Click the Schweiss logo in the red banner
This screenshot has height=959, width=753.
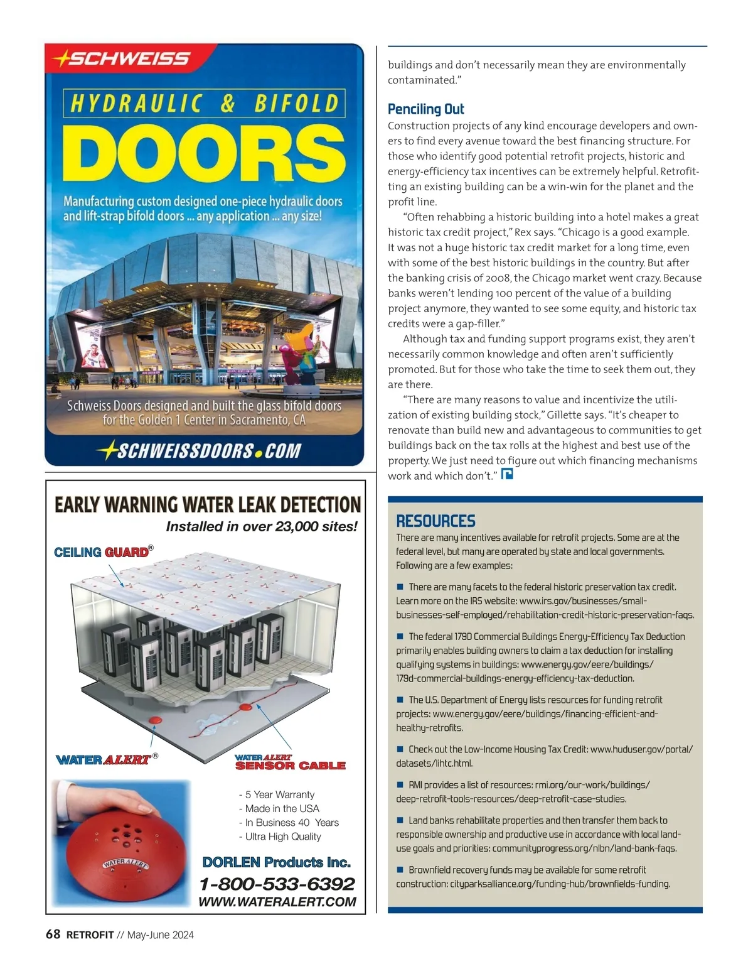coord(122,59)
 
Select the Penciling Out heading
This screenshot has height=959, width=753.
coord(425,109)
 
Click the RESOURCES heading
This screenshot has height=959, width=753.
coord(435,521)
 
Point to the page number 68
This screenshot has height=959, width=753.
coord(53,935)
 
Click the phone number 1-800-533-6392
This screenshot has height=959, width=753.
coord(277,884)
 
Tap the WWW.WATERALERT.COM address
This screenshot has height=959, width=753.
coord(277,902)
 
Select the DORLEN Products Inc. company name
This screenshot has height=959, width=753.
coord(276,862)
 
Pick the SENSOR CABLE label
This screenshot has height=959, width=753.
coord(290,766)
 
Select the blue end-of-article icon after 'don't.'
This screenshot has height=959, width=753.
coord(507,474)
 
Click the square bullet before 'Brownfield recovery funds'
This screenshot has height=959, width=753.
coord(400,870)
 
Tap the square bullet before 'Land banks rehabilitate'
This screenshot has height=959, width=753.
coord(400,820)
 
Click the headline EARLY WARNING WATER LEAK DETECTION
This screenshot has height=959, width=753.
coord(207,505)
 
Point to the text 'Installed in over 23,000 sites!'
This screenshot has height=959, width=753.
coord(261,526)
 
